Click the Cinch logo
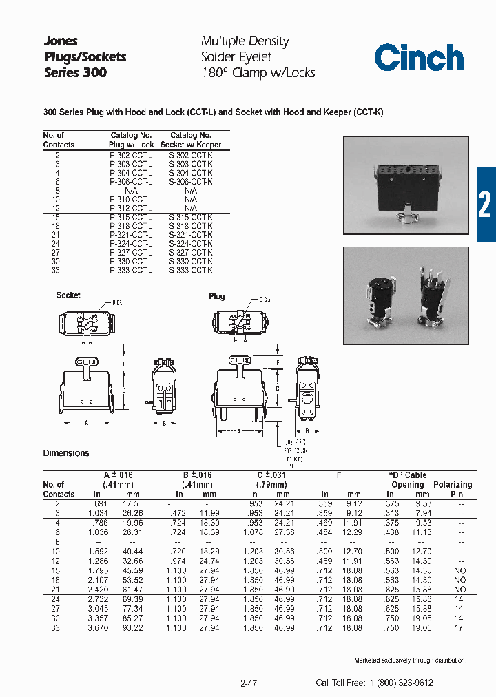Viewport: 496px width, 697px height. pyautogui.click(x=419, y=57)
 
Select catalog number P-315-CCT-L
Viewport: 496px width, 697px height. pyautogui.click(x=131, y=217)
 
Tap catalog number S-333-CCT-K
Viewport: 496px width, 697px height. pyautogui.click(x=191, y=271)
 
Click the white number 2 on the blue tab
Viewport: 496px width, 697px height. pyautogui.click(x=485, y=205)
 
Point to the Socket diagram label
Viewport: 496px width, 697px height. pyautogui.click(x=68, y=295)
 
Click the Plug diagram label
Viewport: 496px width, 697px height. pyautogui.click(x=216, y=296)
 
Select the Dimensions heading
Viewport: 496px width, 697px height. pyautogui.click(x=66, y=453)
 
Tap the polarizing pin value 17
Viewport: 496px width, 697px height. pyautogui.click(x=459, y=628)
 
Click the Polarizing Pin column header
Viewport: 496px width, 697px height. pyautogui.click(x=453, y=489)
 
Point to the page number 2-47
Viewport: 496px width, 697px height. pyautogui.click(x=249, y=683)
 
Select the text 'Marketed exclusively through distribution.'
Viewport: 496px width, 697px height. pyautogui.click(x=410, y=660)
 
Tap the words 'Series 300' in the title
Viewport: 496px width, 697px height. pyautogui.click(x=75, y=72)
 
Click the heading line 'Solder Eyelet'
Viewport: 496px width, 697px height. pyautogui.click(x=236, y=57)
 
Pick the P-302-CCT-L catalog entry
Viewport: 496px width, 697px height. pyautogui.click(x=131, y=154)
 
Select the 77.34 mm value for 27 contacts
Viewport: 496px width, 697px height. pyautogui.click(x=137, y=609)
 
